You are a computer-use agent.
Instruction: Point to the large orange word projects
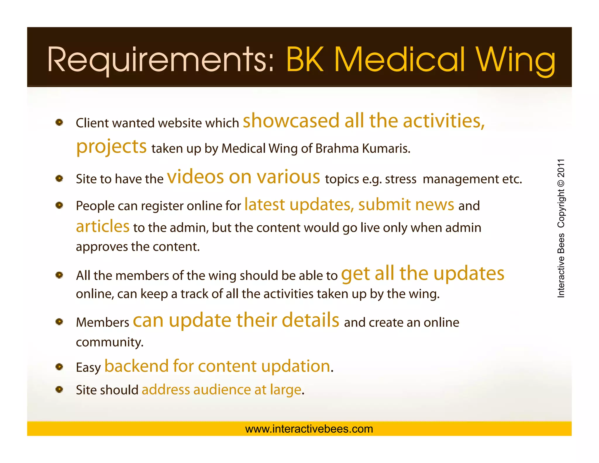[111, 147]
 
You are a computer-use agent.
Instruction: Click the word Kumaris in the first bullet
[386, 148]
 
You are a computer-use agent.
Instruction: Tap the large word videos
[195, 177]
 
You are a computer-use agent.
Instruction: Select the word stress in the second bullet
[400, 179]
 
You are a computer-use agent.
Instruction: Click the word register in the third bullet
[162, 206]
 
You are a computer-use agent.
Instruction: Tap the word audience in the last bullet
[222, 390]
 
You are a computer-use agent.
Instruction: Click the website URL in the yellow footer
[309, 429]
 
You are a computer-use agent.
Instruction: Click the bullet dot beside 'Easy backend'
[59, 367]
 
